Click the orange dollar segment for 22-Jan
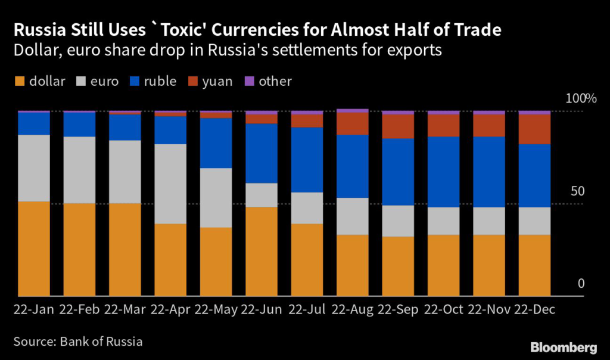click(x=33, y=249)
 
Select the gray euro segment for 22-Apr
click(x=170, y=184)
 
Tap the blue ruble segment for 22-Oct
click(x=443, y=172)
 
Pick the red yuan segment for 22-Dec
click(x=534, y=129)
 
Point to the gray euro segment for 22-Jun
click(x=262, y=195)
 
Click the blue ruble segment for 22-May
click(x=216, y=143)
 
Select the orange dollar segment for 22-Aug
click(x=353, y=265)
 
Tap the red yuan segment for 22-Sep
click(x=398, y=126)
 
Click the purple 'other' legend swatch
click(x=250, y=82)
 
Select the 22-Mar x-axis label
click(x=125, y=311)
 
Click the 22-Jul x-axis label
click(x=307, y=311)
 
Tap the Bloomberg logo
click(x=564, y=347)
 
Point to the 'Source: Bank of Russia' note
click(x=77, y=342)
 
